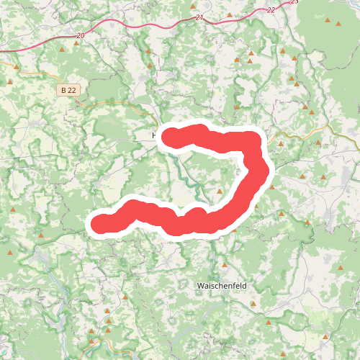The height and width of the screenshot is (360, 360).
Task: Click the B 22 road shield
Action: click(68, 90)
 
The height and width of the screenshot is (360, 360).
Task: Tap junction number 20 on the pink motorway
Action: click(79, 35)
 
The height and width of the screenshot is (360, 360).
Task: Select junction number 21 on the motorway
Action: click(199, 17)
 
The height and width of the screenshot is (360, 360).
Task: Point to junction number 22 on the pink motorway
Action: click(271, 10)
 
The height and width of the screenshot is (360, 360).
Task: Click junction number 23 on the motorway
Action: click(294, 2)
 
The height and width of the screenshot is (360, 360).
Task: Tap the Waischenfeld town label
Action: click(222, 286)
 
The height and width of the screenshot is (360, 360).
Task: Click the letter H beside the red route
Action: click(154, 135)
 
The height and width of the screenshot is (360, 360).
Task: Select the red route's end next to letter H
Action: click(173, 136)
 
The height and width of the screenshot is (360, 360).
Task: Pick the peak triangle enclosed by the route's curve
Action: click(220, 192)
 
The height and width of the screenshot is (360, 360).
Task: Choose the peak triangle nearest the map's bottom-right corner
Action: click(326, 336)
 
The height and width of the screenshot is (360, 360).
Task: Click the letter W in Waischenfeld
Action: click(200, 286)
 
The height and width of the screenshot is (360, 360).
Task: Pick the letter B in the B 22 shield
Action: click(64, 90)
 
